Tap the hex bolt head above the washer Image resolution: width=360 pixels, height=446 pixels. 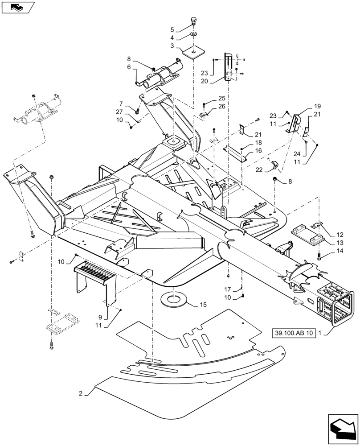195,21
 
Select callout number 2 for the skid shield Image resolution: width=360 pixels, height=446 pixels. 81,393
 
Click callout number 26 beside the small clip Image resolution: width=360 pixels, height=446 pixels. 221,106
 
